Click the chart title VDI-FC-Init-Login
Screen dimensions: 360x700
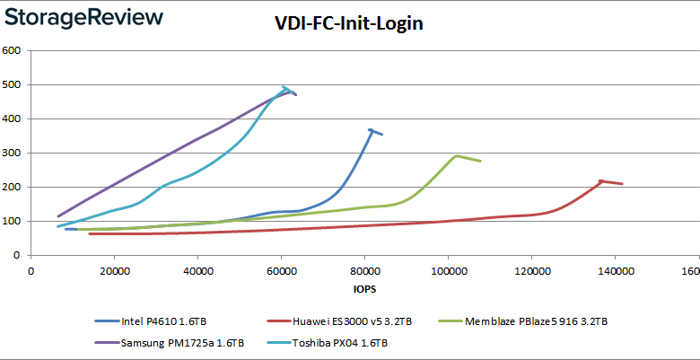pyautogui.click(x=349, y=24)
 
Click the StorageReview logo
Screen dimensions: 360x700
pyautogui.click(x=83, y=17)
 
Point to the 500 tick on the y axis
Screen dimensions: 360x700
pyautogui.click(x=12, y=85)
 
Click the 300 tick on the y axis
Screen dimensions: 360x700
pyautogui.click(x=12, y=154)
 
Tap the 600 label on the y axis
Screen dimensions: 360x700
pyautogui.click(x=12, y=51)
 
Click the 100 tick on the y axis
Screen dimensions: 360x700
pyautogui.click(x=12, y=222)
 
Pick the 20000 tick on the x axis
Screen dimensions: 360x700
pyautogui.click(x=113, y=271)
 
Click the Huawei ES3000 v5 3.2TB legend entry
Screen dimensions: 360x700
pyautogui.click(x=340, y=320)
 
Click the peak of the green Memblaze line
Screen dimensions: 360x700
pyautogui.click(x=457, y=155)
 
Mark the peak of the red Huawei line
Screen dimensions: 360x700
pyautogui.click(x=600, y=180)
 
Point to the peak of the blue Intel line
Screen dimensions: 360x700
pyautogui.click(x=371, y=129)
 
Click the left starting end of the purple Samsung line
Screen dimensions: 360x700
pyautogui.click(x=57, y=216)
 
